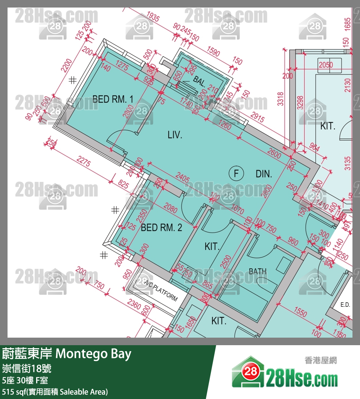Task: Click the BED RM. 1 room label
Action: pyautogui.click(x=113, y=99)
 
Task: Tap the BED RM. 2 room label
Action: pyautogui.click(x=161, y=228)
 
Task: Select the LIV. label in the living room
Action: pyautogui.click(x=175, y=135)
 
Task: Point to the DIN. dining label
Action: pyautogui.click(x=264, y=174)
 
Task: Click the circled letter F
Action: pyautogui.click(x=236, y=174)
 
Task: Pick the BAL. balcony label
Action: pyautogui.click(x=200, y=81)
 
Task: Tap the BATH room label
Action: pyautogui.click(x=258, y=271)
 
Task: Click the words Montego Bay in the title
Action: pyautogui.click(x=93, y=354)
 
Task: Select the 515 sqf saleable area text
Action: pyautogui.click(x=55, y=391)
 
